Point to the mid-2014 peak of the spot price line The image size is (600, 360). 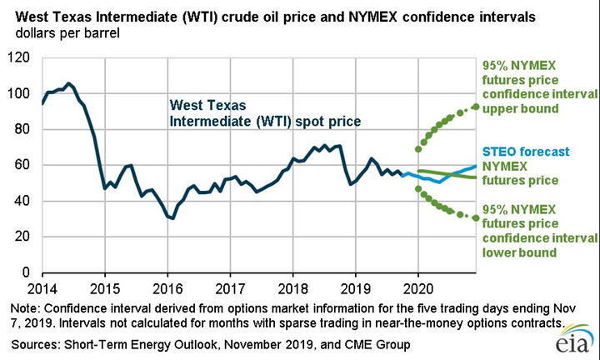click(x=68, y=83)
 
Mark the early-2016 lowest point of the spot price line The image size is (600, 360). click(x=172, y=218)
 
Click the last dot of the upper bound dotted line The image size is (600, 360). click(x=475, y=107)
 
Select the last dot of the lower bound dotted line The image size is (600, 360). click(x=475, y=218)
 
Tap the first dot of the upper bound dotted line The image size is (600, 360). click(x=417, y=149)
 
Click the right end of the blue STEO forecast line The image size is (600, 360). click(x=475, y=167)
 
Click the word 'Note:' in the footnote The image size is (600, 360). click(x=24, y=307)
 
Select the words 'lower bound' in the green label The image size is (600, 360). click(x=515, y=252)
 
